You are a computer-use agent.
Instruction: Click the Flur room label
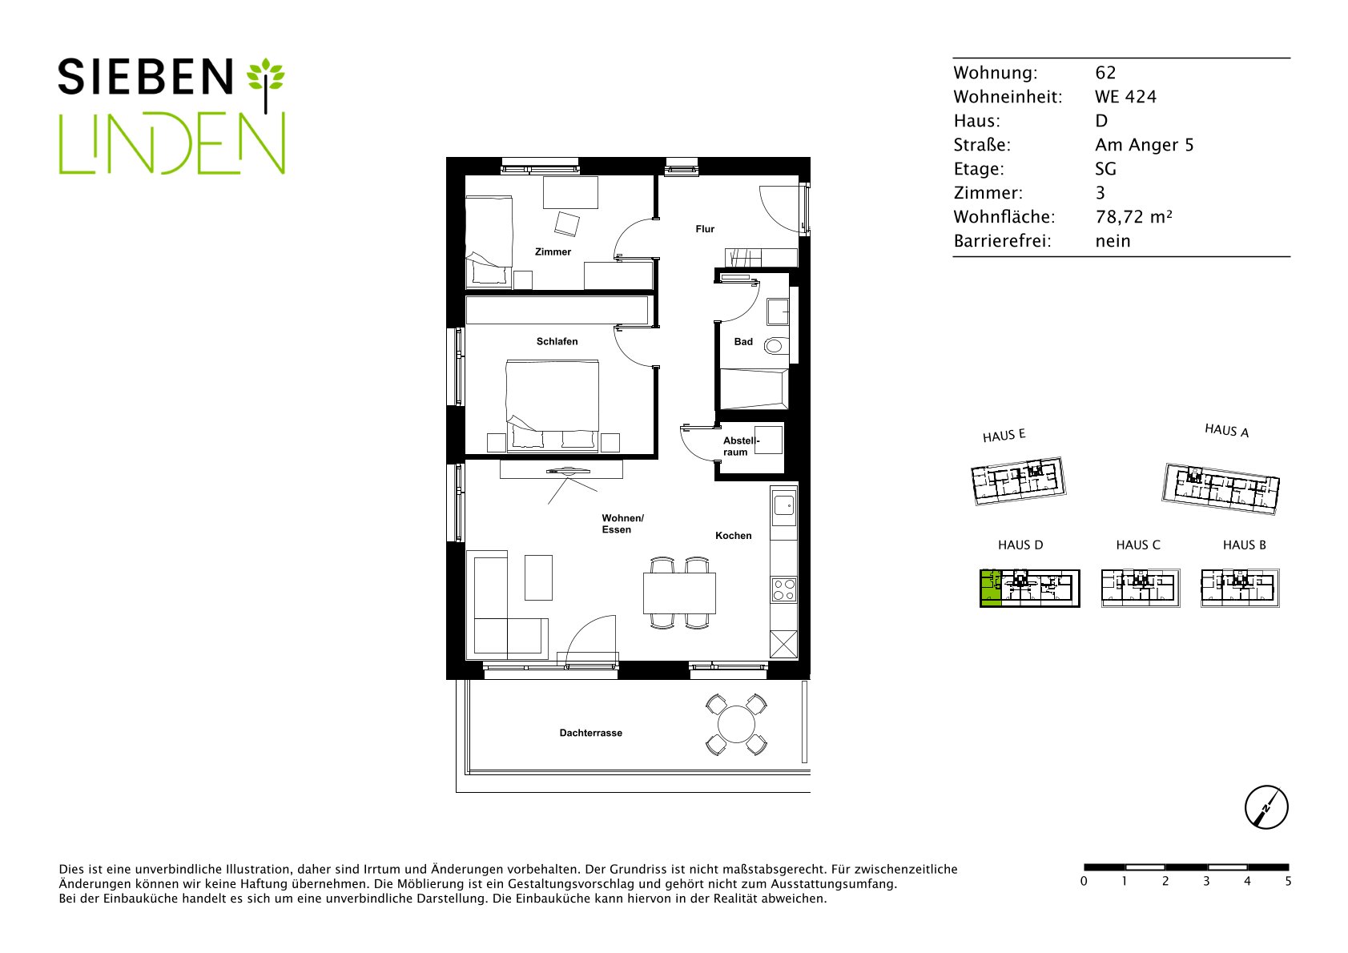705,228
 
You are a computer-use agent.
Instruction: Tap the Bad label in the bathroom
743,342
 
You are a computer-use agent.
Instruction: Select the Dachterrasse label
590,733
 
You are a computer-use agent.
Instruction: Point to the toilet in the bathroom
775,345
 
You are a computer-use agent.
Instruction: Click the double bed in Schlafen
553,405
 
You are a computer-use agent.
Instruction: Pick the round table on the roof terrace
736,725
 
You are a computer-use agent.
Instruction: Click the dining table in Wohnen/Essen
679,593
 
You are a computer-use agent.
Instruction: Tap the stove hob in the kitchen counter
783,589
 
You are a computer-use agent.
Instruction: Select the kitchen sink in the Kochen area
783,505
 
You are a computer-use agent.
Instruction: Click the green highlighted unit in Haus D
991,588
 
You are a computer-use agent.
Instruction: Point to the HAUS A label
1226,430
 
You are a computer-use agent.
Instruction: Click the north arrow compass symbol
1266,807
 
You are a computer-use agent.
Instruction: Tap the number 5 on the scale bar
1288,882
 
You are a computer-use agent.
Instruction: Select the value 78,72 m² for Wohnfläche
1134,216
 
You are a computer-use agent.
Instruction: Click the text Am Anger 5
1144,145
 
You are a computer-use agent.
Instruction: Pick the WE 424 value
1125,97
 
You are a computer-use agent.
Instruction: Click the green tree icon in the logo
266,84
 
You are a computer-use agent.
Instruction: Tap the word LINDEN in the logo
171,144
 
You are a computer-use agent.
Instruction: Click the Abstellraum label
741,446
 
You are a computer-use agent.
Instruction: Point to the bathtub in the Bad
754,389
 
